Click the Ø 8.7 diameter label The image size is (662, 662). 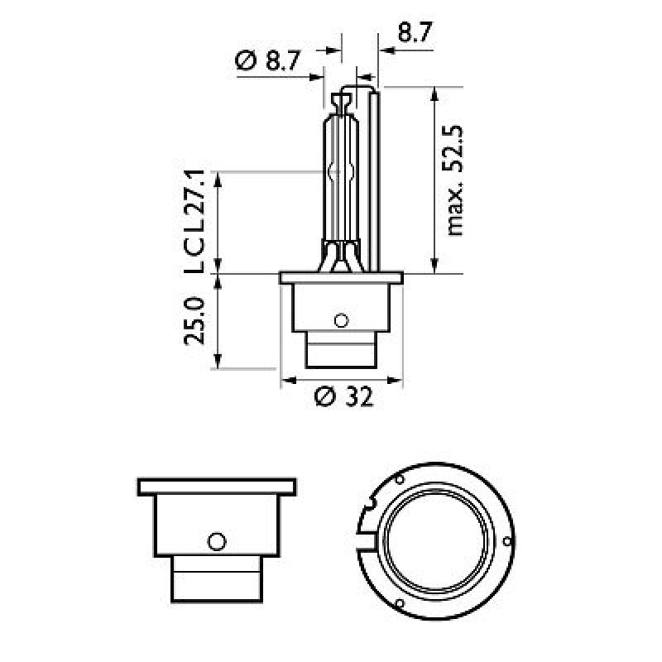point(268,60)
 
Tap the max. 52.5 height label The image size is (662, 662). point(456,181)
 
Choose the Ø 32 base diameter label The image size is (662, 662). point(344,397)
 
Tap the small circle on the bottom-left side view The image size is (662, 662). point(217,541)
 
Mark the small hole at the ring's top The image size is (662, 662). point(399,481)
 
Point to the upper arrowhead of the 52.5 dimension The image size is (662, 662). point(434,92)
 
